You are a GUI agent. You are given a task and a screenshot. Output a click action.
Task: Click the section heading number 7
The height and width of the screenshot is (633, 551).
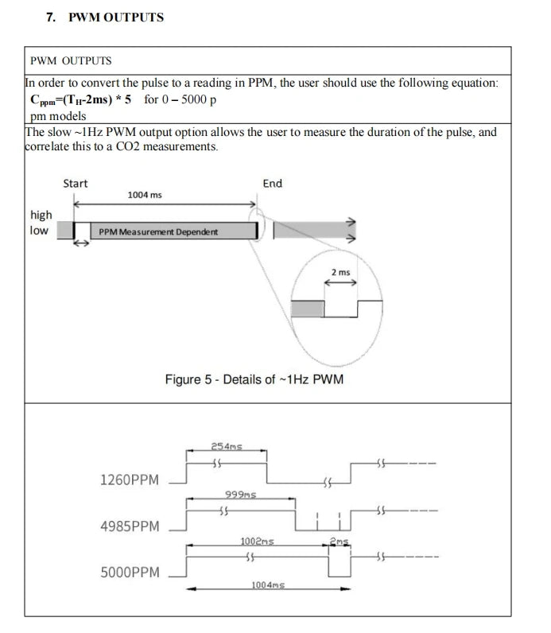click(51, 17)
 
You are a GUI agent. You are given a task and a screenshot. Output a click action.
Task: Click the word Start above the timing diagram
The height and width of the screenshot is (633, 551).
click(75, 184)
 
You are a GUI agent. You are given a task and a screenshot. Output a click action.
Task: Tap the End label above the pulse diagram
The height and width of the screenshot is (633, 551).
click(273, 184)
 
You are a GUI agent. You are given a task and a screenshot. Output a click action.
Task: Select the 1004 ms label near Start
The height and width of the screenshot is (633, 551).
click(145, 195)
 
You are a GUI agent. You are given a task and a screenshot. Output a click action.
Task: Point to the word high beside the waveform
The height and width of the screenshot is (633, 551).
click(41, 216)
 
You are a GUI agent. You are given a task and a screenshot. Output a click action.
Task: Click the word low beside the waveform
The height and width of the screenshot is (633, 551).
click(39, 231)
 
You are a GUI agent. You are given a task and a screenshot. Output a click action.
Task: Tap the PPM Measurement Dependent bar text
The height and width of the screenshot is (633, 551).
click(158, 232)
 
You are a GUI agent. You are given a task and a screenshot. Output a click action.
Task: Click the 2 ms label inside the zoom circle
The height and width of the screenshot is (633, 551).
click(340, 273)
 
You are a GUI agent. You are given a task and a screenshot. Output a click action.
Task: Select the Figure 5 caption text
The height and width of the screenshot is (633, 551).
click(254, 379)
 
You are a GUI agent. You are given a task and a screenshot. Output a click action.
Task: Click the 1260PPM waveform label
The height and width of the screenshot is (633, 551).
click(130, 480)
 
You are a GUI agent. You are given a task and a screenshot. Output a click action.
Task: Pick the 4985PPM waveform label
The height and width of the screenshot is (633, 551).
click(130, 526)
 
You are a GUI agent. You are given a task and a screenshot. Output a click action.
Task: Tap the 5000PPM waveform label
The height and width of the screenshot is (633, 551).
click(130, 573)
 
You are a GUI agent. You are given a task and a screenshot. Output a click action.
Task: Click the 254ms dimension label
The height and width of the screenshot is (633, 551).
click(227, 446)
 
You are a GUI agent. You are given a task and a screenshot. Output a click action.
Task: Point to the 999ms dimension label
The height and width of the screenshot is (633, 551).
click(241, 495)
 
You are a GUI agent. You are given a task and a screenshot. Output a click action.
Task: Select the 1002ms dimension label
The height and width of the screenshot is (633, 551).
click(257, 542)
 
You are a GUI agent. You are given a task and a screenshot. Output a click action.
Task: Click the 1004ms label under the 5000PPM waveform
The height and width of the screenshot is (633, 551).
click(268, 585)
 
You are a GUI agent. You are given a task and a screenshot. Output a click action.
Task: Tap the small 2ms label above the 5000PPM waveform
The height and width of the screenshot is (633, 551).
click(339, 542)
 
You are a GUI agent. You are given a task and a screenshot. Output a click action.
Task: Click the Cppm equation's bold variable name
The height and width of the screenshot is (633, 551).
click(42, 100)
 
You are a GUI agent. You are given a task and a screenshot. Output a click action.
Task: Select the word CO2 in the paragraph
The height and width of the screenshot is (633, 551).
click(127, 146)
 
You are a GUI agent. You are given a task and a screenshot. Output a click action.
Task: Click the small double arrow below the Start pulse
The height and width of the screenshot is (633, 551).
click(82, 243)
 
